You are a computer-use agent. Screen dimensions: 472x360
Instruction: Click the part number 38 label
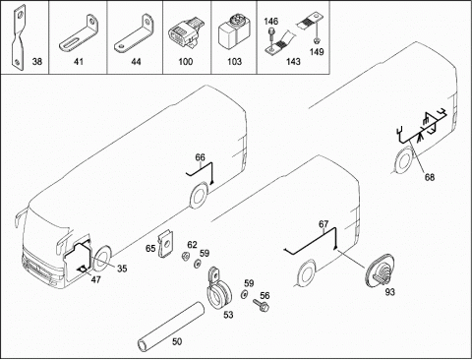point(37,61)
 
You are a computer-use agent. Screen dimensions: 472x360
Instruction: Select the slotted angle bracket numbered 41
point(80,34)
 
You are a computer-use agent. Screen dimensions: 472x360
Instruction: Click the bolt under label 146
point(270,35)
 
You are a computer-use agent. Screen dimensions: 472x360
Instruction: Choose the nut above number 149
point(317,41)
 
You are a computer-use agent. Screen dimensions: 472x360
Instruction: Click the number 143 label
point(293,61)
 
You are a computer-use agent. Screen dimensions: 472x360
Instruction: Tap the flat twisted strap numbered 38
point(18,36)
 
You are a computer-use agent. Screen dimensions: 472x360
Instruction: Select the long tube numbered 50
point(170,328)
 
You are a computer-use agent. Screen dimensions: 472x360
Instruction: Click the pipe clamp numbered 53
point(218,289)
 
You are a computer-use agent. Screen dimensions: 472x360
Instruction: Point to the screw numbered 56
point(261,305)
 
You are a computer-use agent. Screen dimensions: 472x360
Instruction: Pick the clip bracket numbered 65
point(165,244)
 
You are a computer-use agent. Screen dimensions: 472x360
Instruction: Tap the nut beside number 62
point(185,257)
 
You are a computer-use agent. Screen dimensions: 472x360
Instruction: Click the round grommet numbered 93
point(381,270)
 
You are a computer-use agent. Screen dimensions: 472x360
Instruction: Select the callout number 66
point(200,157)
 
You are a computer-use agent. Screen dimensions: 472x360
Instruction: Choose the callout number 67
point(324,224)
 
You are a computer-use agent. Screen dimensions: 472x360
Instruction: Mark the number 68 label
point(430,177)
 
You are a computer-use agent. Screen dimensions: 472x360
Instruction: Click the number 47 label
point(95,279)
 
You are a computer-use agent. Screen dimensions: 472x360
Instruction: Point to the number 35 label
point(122,269)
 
